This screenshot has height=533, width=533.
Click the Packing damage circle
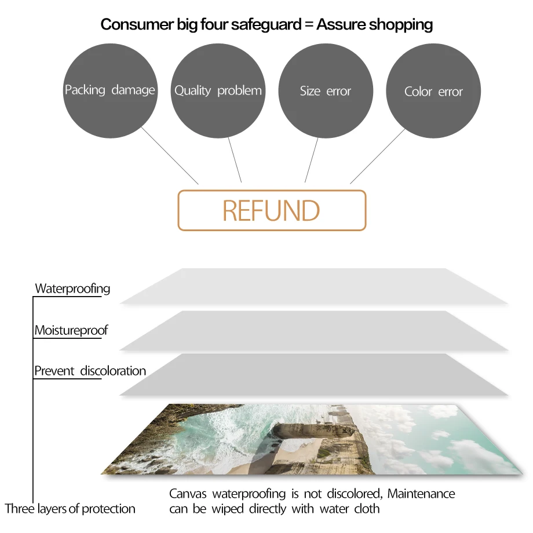point(110,90)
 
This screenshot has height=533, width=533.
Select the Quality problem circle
point(218,90)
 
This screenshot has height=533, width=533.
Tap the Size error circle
point(326,90)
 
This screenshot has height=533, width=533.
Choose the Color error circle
point(433,91)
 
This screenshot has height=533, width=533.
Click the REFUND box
point(272,210)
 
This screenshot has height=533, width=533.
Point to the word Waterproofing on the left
point(72,289)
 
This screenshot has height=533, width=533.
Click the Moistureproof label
point(71,331)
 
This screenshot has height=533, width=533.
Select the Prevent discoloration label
point(90,371)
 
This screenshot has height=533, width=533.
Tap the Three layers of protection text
point(70,509)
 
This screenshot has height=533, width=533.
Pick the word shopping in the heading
point(400,24)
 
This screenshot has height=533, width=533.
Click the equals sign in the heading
point(309,25)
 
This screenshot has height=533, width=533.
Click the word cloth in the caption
point(367,509)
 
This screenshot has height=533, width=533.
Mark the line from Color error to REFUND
point(378,156)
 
